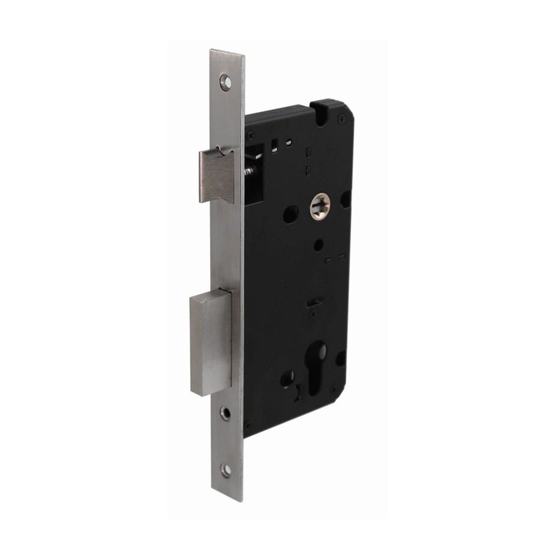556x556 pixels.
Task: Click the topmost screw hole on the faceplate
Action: [x=224, y=81]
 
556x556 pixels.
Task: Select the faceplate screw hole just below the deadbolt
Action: [x=225, y=411]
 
